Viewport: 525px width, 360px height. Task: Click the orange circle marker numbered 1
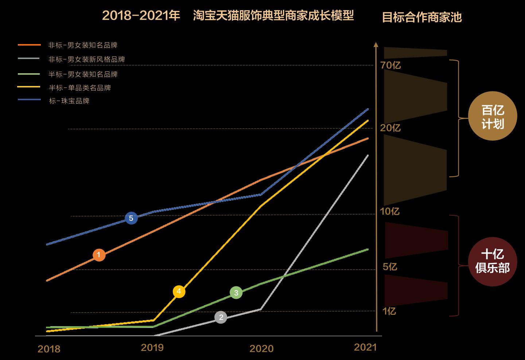pyautogui.click(x=99, y=255)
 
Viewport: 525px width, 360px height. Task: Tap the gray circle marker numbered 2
pyautogui.click(x=221, y=317)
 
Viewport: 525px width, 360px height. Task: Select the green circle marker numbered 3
pyautogui.click(x=236, y=293)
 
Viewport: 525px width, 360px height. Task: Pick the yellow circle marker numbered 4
pyautogui.click(x=179, y=291)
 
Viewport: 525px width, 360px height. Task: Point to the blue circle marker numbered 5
pyautogui.click(x=131, y=218)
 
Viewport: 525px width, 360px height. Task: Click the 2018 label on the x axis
pyautogui.click(x=49, y=349)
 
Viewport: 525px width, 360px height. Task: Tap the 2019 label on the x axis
pyautogui.click(x=152, y=348)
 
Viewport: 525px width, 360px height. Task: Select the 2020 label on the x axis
pyautogui.click(x=261, y=349)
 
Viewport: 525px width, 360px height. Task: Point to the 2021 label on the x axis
pyautogui.click(x=365, y=347)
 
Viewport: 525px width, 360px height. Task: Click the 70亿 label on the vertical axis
pyautogui.click(x=390, y=66)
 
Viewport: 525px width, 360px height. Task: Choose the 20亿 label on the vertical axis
pyautogui.click(x=390, y=128)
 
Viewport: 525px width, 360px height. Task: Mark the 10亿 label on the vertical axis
pyautogui.click(x=390, y=212)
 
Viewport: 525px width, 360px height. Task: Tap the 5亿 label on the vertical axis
pyautogui.click(x=390, y=267)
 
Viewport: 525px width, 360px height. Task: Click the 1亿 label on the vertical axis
pyautogui.click(x=389, y=311)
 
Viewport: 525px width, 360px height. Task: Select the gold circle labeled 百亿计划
pyautogui.click(x=493, y=116)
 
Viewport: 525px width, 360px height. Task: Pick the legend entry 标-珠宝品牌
pyautogui.click(x=69, y=101)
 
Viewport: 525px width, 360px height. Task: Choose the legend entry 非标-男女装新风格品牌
pyautogui.click(x=87, y=59)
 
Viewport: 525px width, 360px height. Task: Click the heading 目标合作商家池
pyautogui.click(x=422, y=17)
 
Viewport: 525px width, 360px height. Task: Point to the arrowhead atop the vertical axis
pyautogui.click(x=376, y=45)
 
